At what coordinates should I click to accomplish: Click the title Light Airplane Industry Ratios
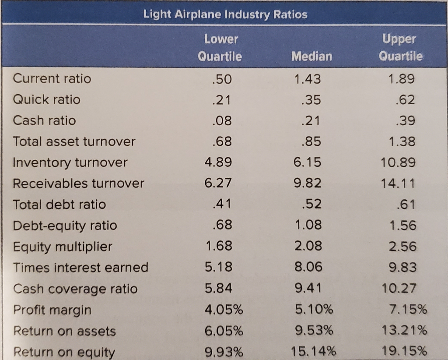click(225, 14)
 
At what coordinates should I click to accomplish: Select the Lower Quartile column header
click(220, 48)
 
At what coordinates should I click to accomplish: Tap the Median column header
click(311, 56)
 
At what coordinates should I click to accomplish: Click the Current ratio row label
click(52, 79)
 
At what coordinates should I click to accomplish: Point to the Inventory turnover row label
click(70, 163)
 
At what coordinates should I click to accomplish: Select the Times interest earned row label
click(80, 267)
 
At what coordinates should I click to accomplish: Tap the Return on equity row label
click(64, 352)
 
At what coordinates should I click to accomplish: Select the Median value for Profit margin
click(313, 310)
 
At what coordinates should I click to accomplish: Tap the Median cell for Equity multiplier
click(308, 247)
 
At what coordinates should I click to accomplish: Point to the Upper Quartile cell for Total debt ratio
click(406, 205)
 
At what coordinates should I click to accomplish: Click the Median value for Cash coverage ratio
click(308, 289)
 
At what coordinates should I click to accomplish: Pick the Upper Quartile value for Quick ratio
click(406, 100)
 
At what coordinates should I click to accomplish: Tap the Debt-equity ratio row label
click(65, 226)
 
